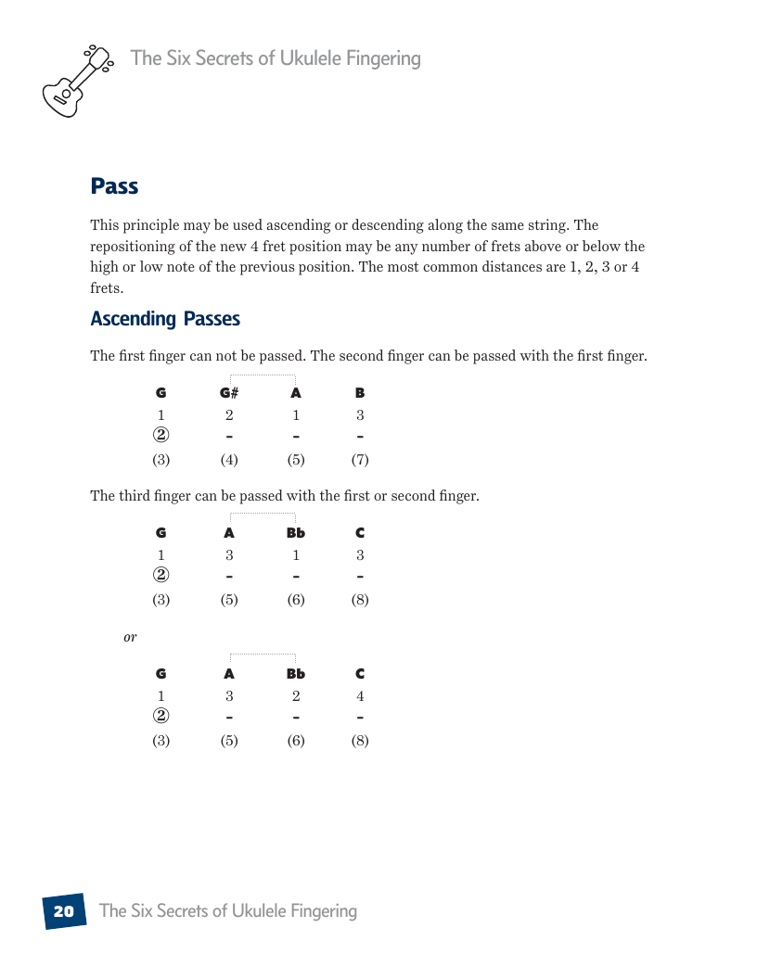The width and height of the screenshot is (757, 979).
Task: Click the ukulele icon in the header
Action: tap(76, 81)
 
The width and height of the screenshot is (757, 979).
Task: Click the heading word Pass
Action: tap(114, 186)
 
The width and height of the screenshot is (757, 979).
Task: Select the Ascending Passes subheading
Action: tap(165, 319)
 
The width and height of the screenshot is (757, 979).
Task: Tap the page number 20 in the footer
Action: tap(63, 911)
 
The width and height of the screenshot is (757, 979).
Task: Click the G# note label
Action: tap(229, 393)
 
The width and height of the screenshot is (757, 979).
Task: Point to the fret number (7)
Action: tap(360, 459)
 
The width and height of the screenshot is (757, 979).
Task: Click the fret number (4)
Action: tap(229, 459)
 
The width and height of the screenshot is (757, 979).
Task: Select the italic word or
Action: tap(130, 637)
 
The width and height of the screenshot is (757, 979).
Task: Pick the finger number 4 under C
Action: tap(360, 696)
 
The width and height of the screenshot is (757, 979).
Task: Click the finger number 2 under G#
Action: tap(229, 415)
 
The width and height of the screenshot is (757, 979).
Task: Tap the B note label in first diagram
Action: tap(360, 393)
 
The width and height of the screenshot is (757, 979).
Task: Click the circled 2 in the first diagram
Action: tap(161, 436)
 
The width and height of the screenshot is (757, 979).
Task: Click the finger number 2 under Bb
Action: tap(296, 696)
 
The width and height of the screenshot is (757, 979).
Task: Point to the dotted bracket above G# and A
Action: tap(263, 375)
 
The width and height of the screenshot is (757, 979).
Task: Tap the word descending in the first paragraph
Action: tap(439, 225)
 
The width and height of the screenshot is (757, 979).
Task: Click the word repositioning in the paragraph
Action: tap(130, 247)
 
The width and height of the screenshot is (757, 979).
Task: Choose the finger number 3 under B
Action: tap(360, 415)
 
